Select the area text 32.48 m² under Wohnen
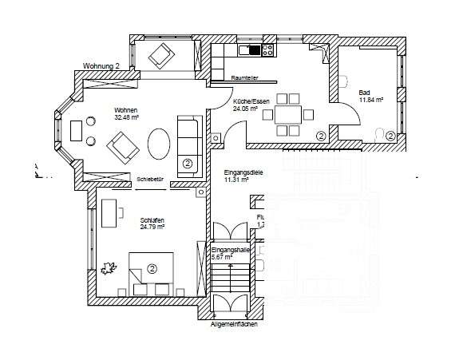coord(127,117)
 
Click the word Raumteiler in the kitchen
coord(244,77)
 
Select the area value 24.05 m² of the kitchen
coord(245,109)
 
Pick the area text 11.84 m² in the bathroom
coord(371,100)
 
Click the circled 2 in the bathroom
coord(390,136)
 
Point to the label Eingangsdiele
coord(243,172)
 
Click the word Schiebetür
coord(150,180)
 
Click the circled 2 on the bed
coord(150,268)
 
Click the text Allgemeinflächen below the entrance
coord(235,325)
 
